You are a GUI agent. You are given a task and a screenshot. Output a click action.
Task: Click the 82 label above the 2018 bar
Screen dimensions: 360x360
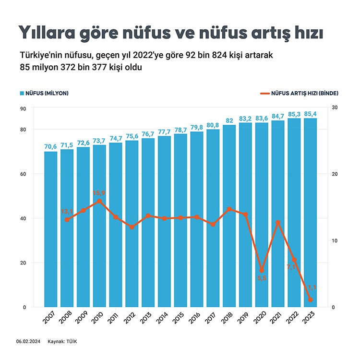[229, 120]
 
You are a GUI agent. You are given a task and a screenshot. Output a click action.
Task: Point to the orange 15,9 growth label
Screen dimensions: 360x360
[99, 193]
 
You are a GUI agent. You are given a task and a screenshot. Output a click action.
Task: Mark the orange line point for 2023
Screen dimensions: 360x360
[311, 300]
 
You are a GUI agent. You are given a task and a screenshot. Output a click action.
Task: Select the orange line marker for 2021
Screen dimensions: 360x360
[278, 223]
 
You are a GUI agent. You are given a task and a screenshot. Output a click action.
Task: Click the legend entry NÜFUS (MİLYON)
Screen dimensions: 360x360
[44, 93]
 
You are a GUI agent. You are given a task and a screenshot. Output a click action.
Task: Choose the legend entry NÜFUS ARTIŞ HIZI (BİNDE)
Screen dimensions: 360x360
[302, 93]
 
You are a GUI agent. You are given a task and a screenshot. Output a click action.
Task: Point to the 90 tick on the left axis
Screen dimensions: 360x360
[23, 108]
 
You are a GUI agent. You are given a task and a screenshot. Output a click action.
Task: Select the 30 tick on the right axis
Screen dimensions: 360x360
[335, 108]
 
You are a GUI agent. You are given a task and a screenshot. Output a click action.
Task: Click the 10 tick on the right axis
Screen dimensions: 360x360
[335, 241]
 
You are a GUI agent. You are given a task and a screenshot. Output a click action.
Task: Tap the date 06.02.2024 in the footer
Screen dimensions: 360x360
[27, 341]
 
